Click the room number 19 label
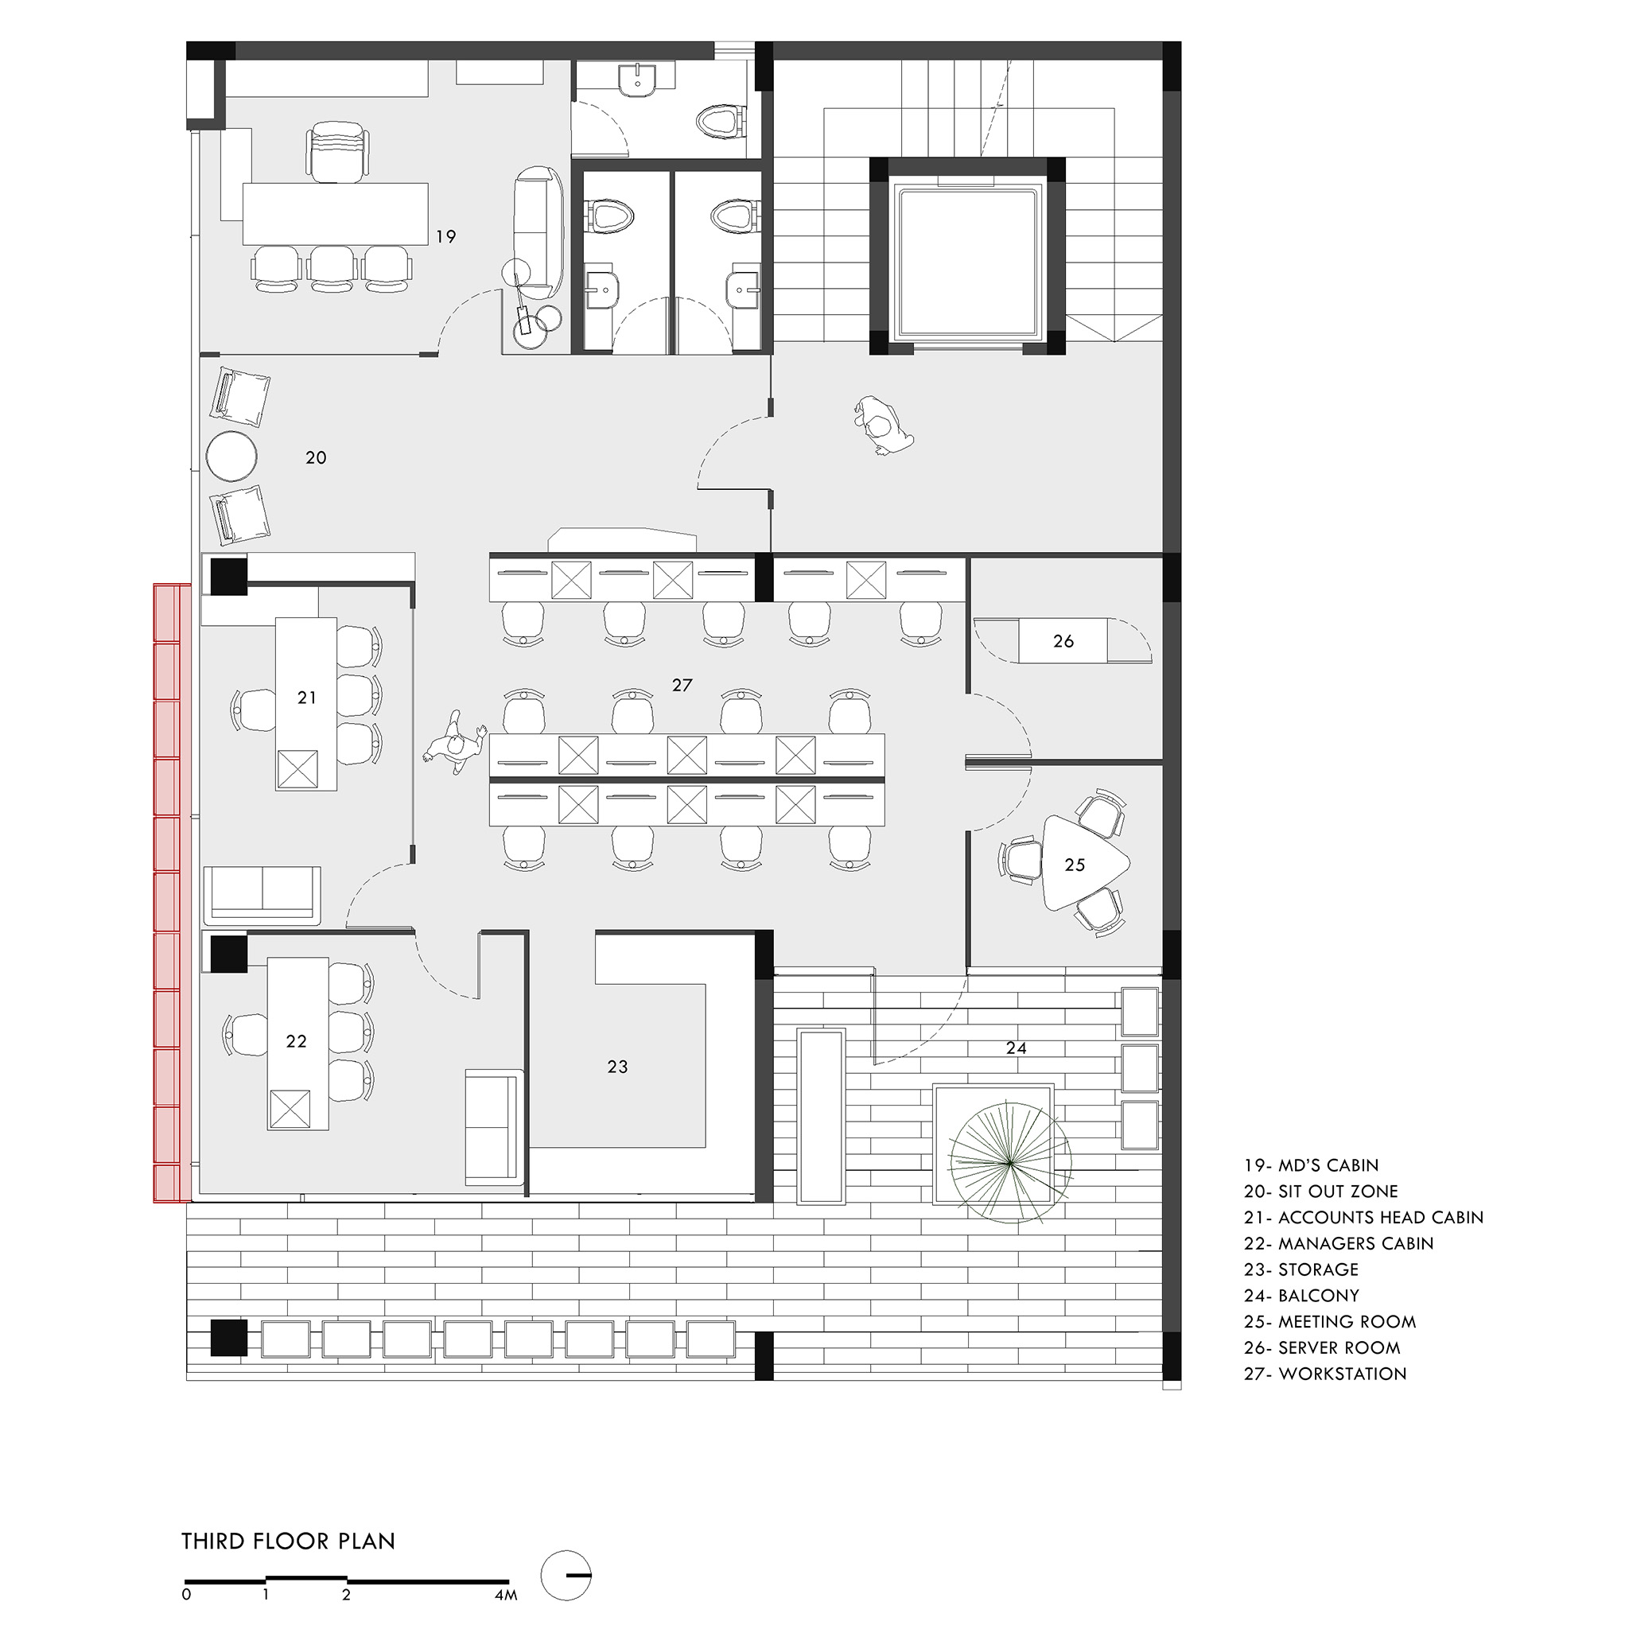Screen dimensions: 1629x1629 (x=446, y=237)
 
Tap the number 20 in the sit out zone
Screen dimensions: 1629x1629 (x=317, y=458)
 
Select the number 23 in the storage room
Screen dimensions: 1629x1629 (x=618, y=1067)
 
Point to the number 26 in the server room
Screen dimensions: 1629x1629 (x=1063, y=641)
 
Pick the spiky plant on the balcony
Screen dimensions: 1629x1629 (x=1010, y=1163)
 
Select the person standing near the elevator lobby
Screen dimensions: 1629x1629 (x=882, y=425)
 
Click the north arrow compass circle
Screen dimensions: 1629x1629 (x=566, y=1575)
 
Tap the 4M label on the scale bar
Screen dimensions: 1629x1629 (x=506, y=1596)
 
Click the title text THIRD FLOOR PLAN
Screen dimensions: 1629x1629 (x=289, y=1542)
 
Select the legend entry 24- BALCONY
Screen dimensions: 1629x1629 (x=1302, y=1296)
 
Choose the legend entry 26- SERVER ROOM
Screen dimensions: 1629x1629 (x=1322, y=1348)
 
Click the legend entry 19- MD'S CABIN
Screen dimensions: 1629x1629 (x=1311, y=1165)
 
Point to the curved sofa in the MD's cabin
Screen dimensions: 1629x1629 (x=538, y=233)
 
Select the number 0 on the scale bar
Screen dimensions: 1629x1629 (x=186, y=1596)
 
